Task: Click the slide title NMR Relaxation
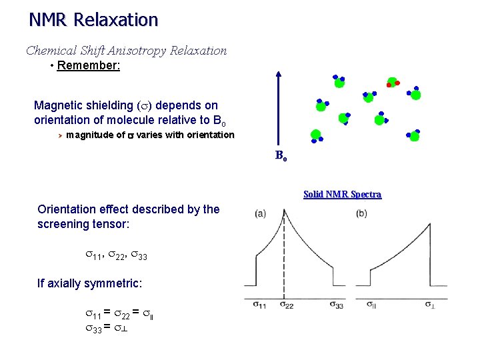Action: pyautogui.click(x=93, y=20)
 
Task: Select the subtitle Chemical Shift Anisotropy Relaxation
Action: pyautogui.click(x=126, y=51)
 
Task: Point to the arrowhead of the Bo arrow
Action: pyautogui.click(x=279, y=75)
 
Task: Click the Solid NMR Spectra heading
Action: pyautogui.click(x=342, y=195)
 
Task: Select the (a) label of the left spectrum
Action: pyautogui.click(x=260, y=213)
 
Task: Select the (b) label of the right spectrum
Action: pyautogui.click(x=361, y=213)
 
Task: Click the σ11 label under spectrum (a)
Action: pyautogui.click(x=260, y=305)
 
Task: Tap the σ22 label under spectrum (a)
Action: pyautogui.click(x=286, y=305)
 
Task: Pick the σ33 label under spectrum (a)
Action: pyautogui.click(x=337, y=305)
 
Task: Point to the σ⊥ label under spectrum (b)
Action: pyautogui.click(x=433, y=305)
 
